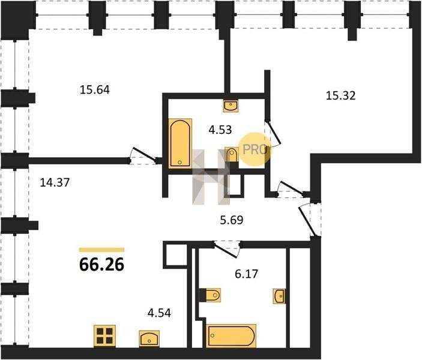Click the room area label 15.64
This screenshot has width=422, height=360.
95,90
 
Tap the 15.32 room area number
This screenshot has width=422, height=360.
341,95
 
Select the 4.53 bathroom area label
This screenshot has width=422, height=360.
220,130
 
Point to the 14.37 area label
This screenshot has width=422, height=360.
55,183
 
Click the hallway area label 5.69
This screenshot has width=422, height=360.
232,220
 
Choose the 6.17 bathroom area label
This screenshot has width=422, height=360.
246,274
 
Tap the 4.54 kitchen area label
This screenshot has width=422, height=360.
159,313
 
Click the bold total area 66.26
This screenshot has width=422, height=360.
101,265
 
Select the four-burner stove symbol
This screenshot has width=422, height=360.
104,336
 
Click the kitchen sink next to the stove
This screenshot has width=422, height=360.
149,339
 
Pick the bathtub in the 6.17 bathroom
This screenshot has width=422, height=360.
232,336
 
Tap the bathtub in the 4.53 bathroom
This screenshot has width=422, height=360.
180,143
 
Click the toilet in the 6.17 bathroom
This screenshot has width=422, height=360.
210,295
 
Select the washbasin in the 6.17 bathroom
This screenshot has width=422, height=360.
279,296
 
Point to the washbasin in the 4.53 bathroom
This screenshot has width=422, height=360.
231,105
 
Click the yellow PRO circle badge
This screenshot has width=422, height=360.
255,149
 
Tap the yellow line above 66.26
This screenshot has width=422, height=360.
101,250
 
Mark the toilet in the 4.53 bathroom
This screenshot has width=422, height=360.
231,155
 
